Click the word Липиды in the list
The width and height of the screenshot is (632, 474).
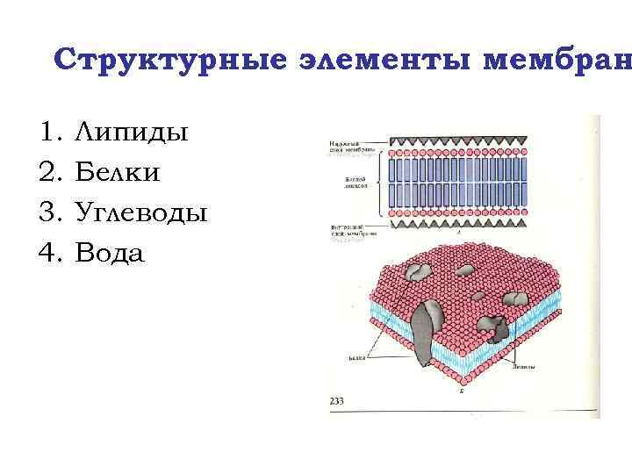132,133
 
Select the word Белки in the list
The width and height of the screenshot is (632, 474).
118,173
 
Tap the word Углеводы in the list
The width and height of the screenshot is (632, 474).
141,213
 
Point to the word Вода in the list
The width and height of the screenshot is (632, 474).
110,254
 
